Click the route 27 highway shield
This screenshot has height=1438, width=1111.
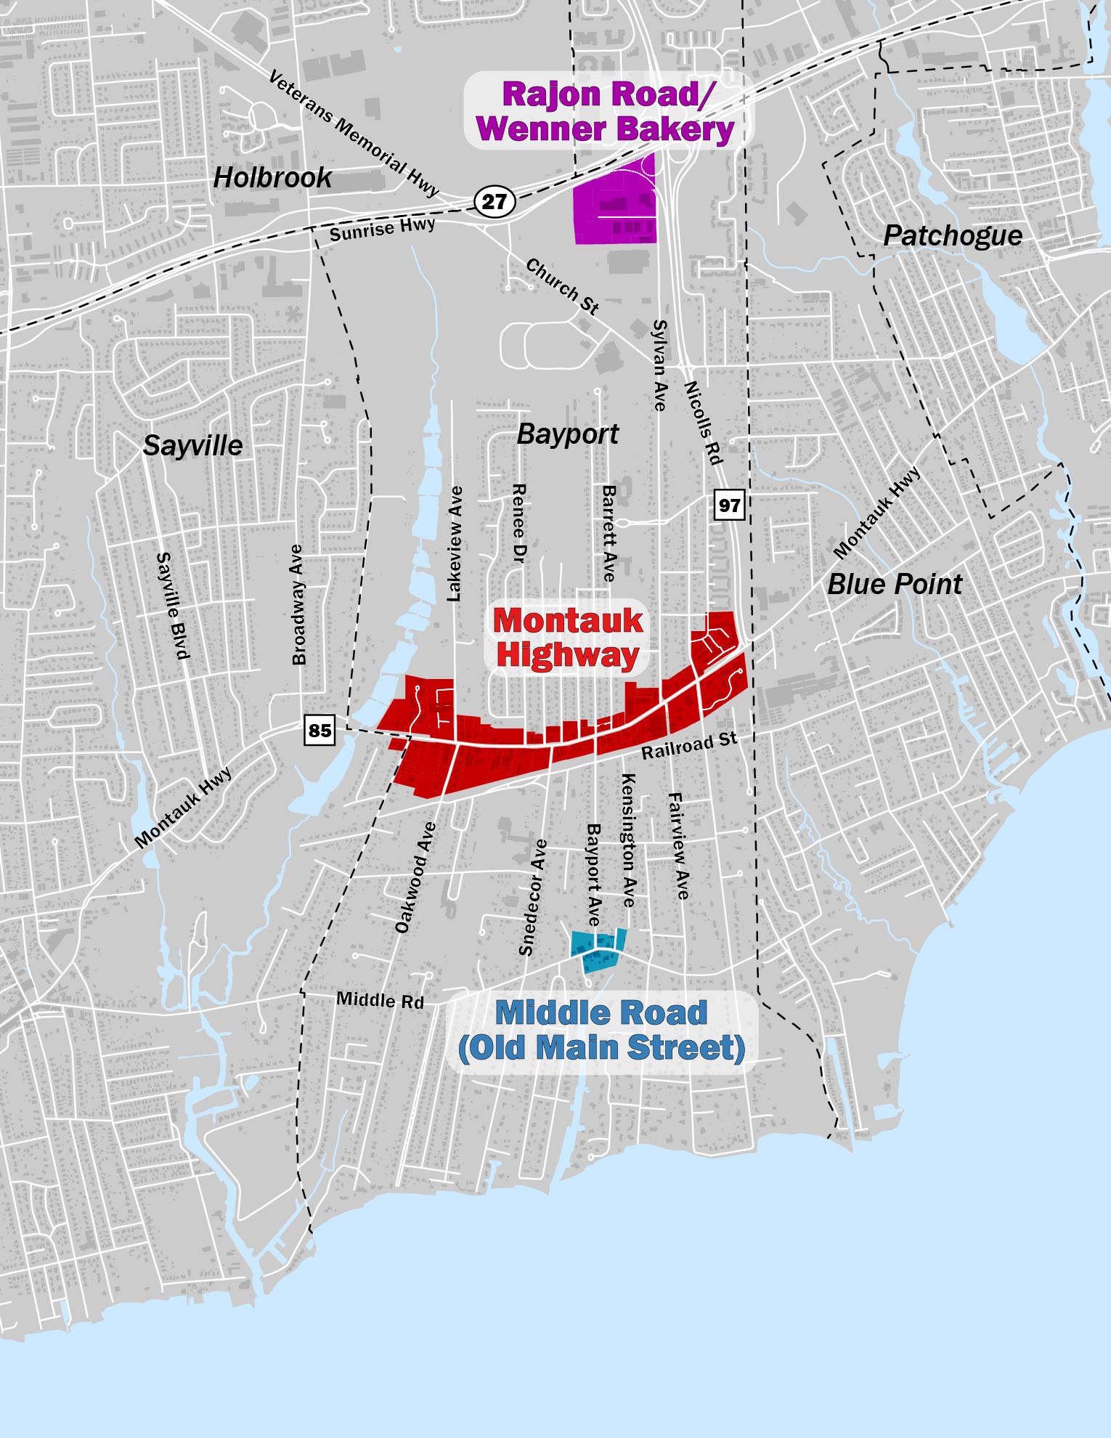click(x=495, y=201)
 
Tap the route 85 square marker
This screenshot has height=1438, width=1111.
click(x=320, y=730)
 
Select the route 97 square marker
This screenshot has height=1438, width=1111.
click(x=729, y=505)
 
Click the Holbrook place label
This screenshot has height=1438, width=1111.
click(x=272, y=177)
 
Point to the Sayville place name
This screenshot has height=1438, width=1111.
click(x=192, y=445)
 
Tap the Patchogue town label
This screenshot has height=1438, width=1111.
click(x=953, y=235)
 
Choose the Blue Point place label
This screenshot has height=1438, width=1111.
click(x=895, y=584)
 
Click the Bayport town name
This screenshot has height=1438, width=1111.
click(x=567, y=434)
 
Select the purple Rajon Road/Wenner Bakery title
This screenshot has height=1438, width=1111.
click(x=606, y=112)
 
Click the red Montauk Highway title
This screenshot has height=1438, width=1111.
click(x=568, y=638)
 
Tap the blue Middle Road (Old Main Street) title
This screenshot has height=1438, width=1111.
click(x=601, y=1031)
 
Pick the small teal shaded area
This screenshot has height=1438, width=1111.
click(x=598, y=951)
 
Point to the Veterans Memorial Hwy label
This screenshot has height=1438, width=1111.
click(x=354, y=134)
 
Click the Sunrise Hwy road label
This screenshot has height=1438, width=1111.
click(x=382, y=229)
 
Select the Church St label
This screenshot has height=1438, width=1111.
click(x=563, y=286)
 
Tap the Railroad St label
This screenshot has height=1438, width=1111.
click(x=688, y=745)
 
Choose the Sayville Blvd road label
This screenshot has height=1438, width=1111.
click(x=173, y=606)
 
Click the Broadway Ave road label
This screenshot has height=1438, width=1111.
click(x=298, y=604)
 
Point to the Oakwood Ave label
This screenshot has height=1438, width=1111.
click(x=415, y=877)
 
